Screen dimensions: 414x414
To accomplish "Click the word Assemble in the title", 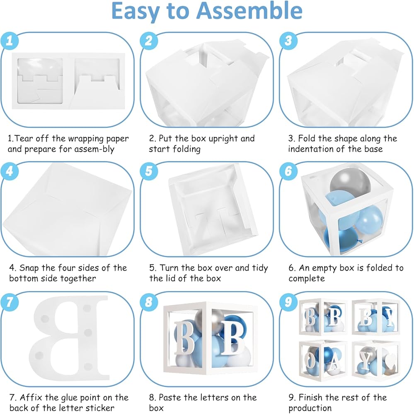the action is pyautogui.click(x=249, y=11).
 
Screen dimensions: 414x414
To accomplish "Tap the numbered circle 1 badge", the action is pyautogui.click(x=10, y=41).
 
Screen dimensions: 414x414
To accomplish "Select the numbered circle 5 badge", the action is pyautogui.click(x=149, y=171).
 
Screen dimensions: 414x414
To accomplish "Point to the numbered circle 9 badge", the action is pyautogui.click(x=288, y=301).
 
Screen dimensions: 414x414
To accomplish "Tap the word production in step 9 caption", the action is pyautogui.click(x=310, y=408).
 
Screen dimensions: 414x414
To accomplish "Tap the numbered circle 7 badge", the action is pyautogui.click(x=10, y=301).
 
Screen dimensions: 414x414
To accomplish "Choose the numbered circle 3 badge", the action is pyautogui.click(x=288, y=41).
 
